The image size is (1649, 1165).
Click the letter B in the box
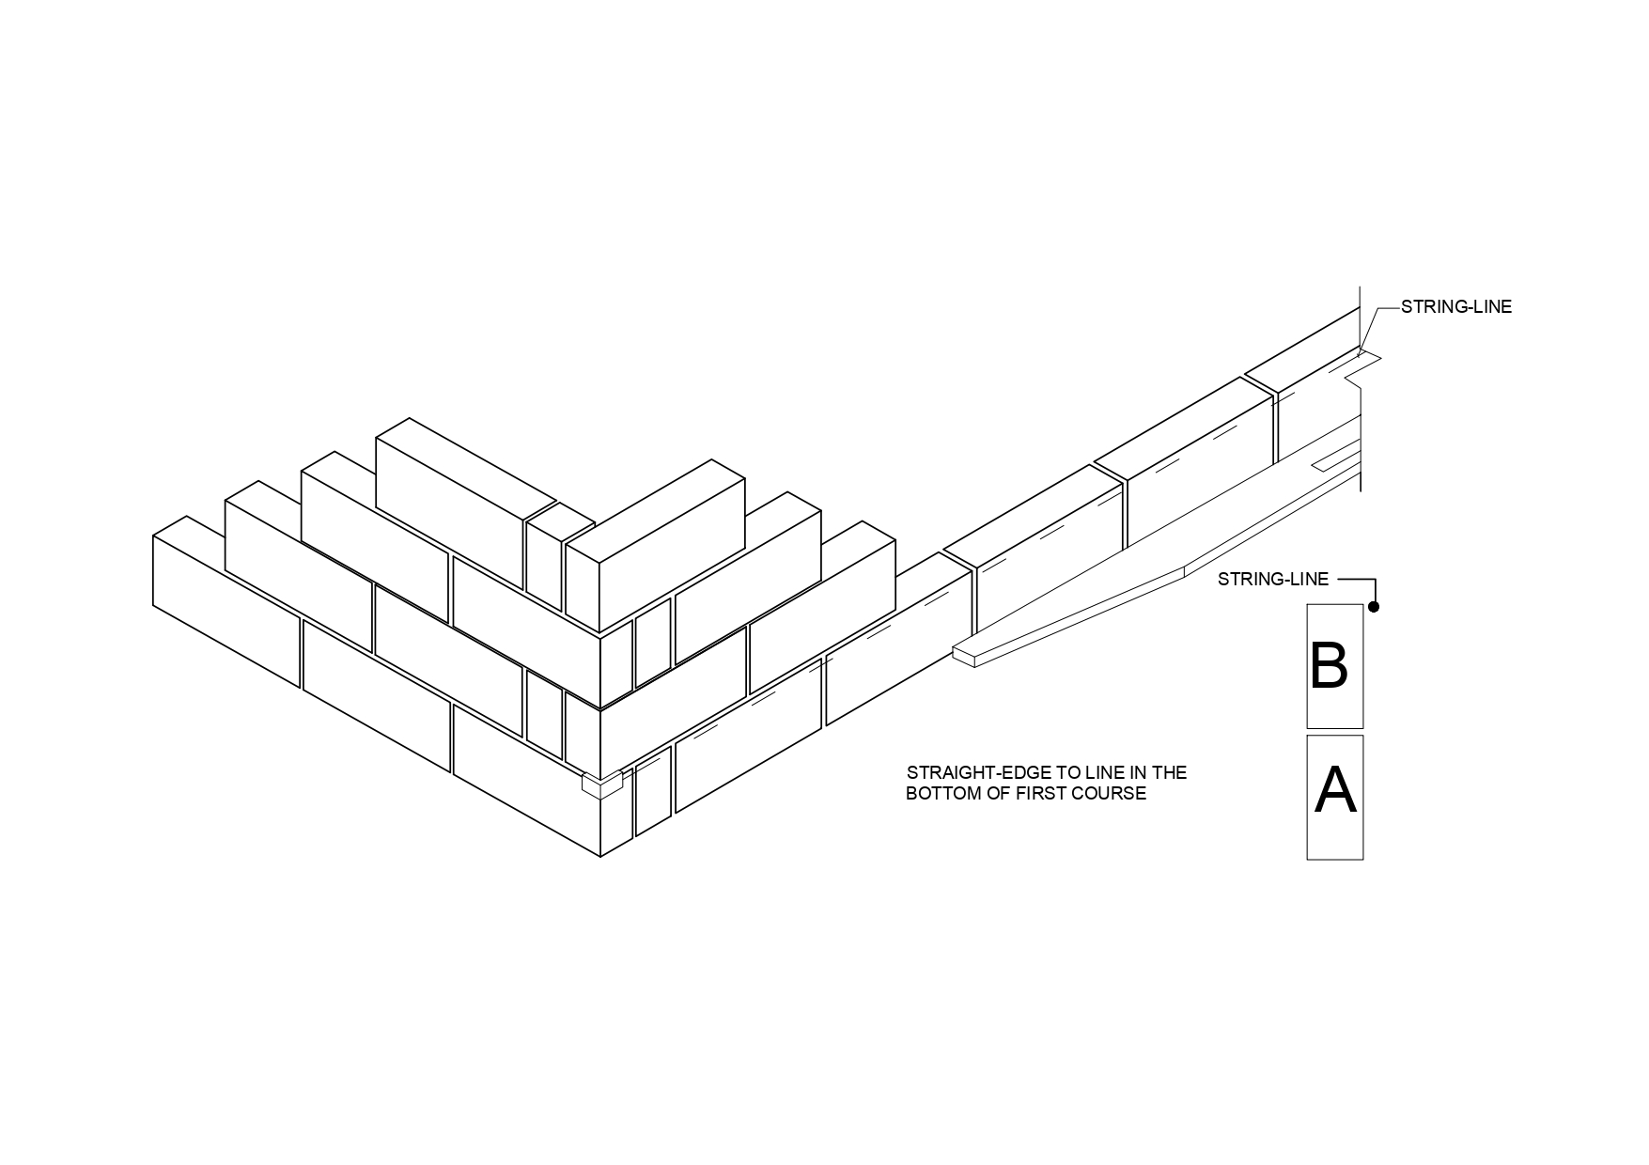(1330, 665)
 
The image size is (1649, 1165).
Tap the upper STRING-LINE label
(1456, 306)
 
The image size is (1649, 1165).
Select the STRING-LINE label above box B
(1273, 579)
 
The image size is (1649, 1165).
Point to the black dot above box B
(1374, 607)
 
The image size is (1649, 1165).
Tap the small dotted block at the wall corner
(602, 784)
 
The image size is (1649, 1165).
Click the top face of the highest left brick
(467, 466)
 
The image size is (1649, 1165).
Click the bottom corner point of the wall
(600, 857)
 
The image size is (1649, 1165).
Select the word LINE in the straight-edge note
(1093, 772)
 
